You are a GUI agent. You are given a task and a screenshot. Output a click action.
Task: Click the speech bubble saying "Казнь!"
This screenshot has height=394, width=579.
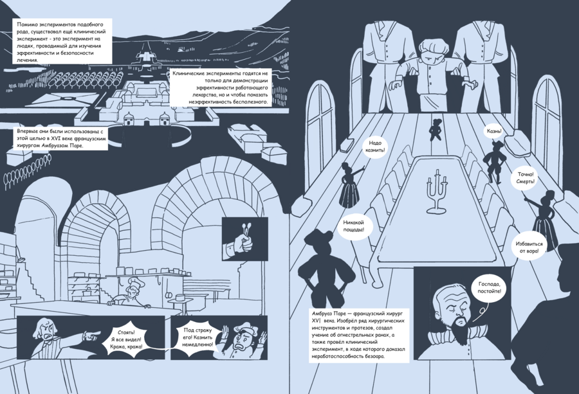pos(493,132)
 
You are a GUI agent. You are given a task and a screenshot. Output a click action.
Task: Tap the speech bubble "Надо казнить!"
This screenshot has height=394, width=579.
pos(375,147)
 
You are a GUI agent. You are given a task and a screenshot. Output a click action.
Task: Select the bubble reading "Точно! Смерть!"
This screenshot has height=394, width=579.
pos(526,178)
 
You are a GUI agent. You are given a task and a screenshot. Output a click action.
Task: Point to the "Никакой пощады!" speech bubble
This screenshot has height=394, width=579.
pos(354,226)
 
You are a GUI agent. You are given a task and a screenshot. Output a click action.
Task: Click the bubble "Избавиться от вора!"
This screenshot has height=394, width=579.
pos(529,247)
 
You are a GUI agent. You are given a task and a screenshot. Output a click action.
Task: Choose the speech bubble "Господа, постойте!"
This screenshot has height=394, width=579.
pos(490,288)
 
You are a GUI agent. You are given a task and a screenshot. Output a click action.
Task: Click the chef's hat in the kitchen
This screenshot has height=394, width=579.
pos(132,283)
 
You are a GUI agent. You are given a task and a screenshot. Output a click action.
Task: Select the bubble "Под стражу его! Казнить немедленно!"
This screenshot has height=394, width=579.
pos(198,337)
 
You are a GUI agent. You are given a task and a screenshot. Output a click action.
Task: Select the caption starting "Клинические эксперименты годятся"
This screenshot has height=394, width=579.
pos(221,87)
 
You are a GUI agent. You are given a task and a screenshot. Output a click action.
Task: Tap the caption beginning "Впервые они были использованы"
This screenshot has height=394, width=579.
pos(60,138)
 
